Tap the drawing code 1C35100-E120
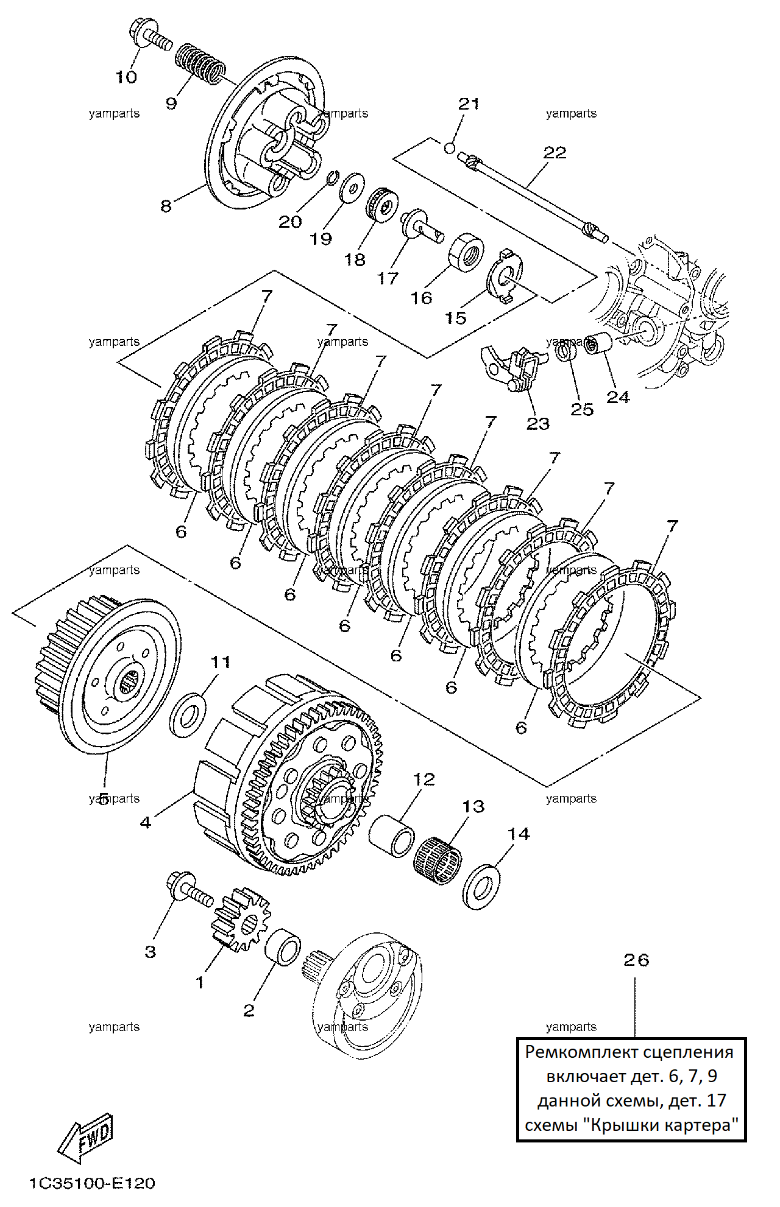coord(93,1183)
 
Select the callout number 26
coord(636,960)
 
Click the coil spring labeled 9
coord(199,63)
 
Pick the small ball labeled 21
coord(450,148)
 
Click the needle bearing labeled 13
coord(438,859)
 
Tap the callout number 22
coord(555,152)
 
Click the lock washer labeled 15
coord(504,275)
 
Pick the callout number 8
coord(166,206)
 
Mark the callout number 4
coord(145,823)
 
